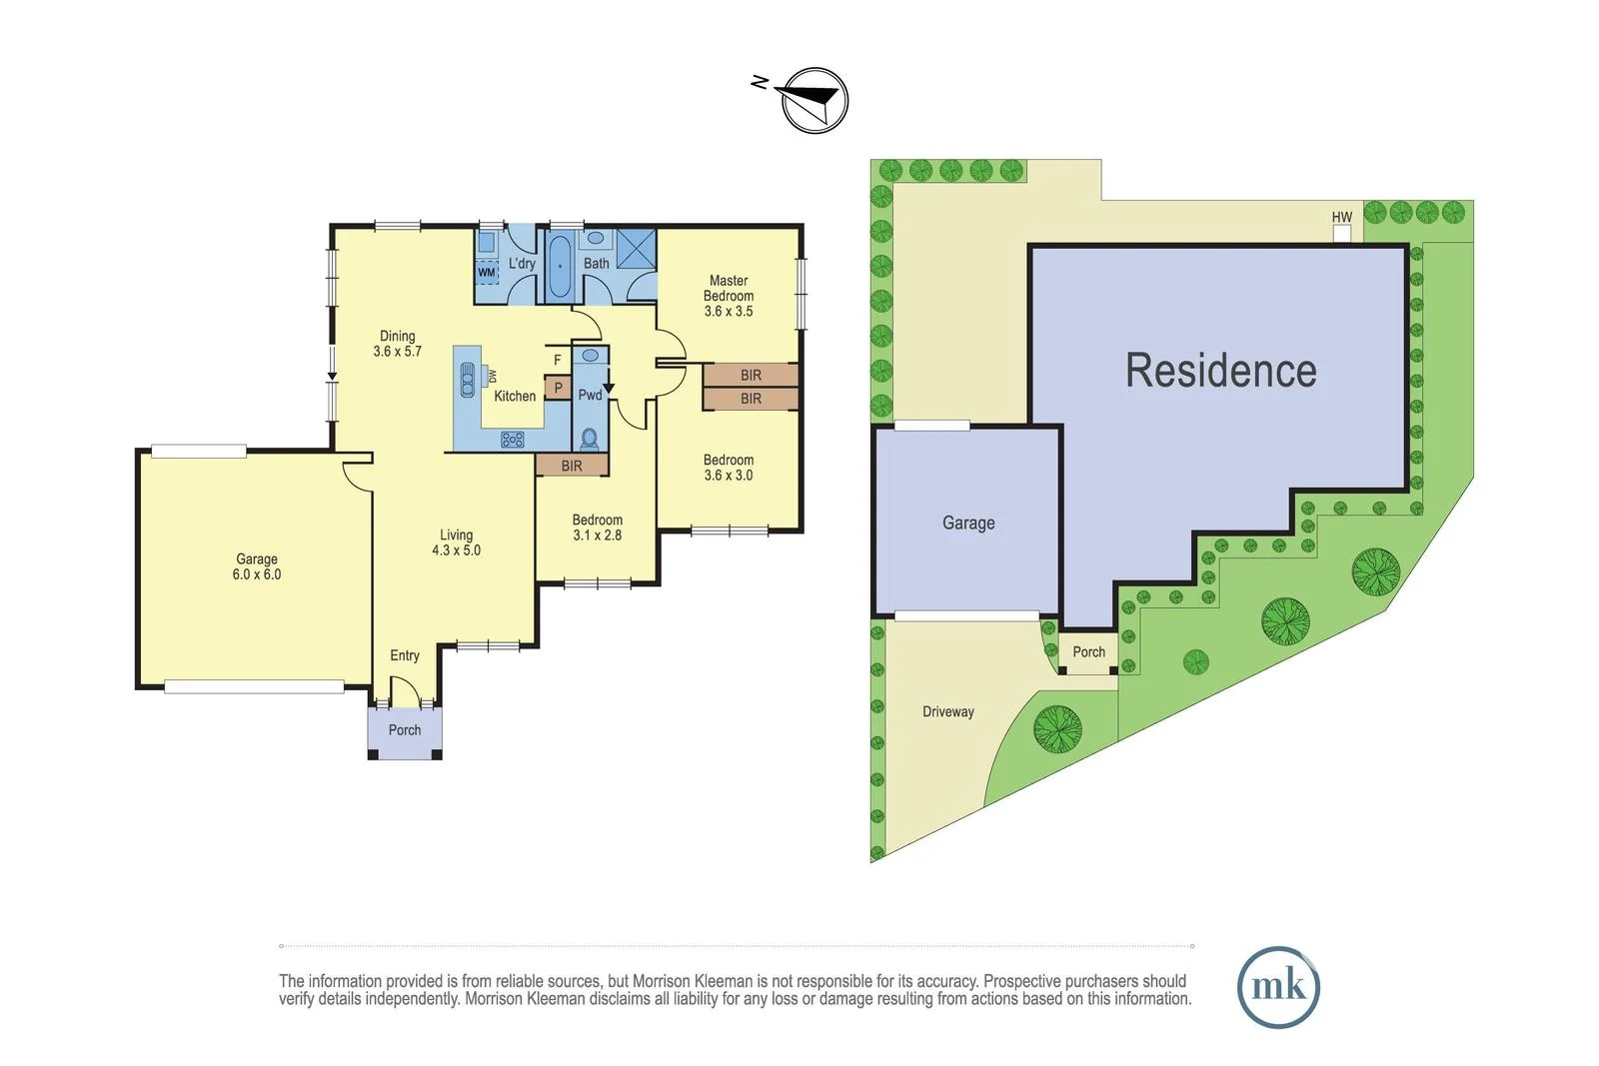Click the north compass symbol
point(814,100)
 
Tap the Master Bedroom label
point(729,296)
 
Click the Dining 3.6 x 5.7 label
point(398,344)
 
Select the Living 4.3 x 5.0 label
point(456,542)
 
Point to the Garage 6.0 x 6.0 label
point(257,566)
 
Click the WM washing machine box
point(487,272)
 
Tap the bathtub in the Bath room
point(560,267)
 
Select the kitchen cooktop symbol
point(513,439)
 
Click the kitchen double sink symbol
point(468,380)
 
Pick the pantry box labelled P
point(558,388)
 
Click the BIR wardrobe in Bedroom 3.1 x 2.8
point(572,466)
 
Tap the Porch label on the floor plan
point(405,730)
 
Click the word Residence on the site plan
point(1220,371)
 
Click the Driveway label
point(947,712)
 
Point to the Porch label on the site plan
point(1088,652)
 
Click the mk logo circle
point(1278,987)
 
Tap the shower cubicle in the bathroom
point(636,249)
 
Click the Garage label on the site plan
point(967,523)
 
